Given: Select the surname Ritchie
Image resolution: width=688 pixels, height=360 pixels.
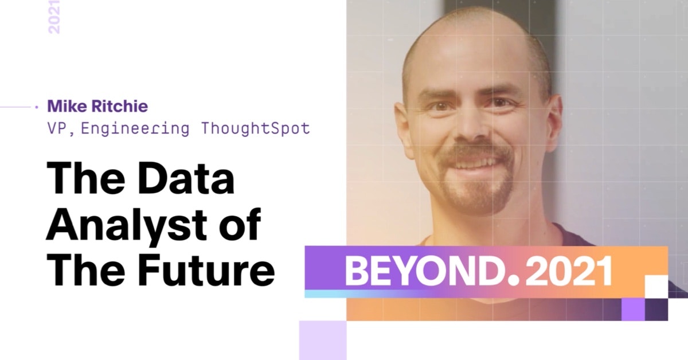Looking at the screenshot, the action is click(x=120, y=106).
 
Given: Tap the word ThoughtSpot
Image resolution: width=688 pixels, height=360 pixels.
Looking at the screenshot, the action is click(x=256, y=128).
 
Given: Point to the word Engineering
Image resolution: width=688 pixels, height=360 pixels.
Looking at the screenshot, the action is click(x=135, y=129).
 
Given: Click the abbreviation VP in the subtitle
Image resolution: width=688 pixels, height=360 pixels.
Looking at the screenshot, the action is click(x=57, y=129).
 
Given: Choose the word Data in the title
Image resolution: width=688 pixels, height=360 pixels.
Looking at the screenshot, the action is click(x=186, y=178).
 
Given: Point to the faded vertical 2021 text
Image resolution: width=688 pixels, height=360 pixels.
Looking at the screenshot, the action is click(x=54, y=17).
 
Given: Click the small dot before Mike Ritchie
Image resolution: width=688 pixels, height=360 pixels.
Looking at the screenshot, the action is click(x=37, y=107).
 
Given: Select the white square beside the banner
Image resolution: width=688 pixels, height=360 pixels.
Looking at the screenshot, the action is click(x=656, y=287).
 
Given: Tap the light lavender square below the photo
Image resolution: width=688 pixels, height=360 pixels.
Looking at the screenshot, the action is click(x=323, y=341).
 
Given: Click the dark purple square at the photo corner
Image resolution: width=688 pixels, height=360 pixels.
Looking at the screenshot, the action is click(x=656, y=310).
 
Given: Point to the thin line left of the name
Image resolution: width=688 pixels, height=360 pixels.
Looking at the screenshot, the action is click(x=15, y=107).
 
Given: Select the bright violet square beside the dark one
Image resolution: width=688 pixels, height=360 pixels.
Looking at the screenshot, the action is click(x=633, y=310).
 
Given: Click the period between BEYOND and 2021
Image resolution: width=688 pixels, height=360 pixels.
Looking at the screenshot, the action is click(x=514, y=281).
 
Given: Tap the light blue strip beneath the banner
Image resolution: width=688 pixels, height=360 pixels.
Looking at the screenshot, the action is click(x=362, y=294).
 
